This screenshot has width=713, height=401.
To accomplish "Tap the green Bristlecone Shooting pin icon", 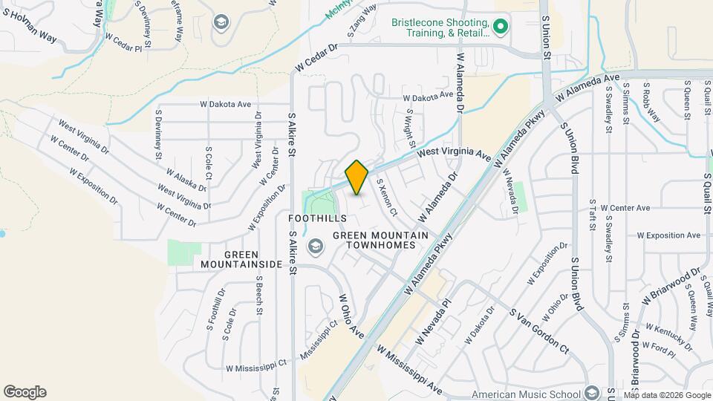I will [x=501, y=27].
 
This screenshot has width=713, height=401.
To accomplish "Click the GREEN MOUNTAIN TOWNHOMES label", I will [x=380, y=241].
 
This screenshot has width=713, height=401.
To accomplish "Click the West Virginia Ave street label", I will [x=453, y=154].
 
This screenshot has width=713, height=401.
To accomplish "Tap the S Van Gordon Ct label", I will [x=538, y=330].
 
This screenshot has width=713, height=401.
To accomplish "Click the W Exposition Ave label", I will [x=668, y=235].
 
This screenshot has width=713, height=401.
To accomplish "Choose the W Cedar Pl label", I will [x=123, y=36].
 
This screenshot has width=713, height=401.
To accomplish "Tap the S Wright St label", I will [x=410, y=126].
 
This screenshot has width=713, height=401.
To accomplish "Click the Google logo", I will [x=25, y=391].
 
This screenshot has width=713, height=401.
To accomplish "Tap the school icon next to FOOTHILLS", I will [x=315, y=246].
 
